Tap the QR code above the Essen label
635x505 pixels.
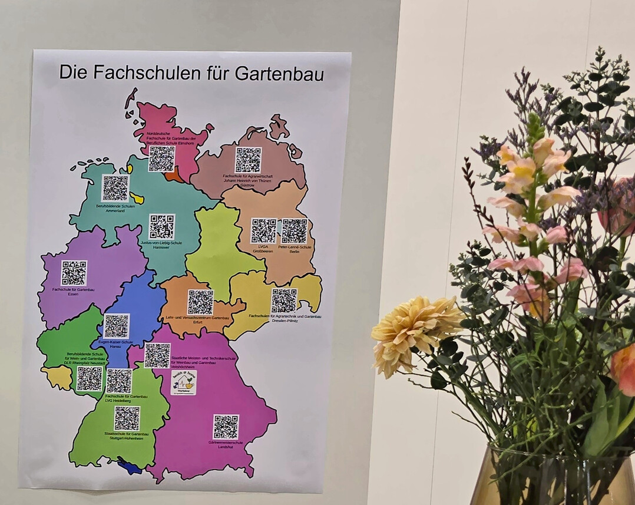click(x=74, y=273)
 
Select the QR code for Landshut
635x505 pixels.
click(x=226, y=427)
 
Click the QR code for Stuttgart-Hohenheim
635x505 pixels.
click(x=127, y=418)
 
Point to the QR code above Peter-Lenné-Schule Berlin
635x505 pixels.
click(x=294, y=231)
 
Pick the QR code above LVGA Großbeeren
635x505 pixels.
click(x=263, y=231)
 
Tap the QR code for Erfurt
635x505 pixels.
click(x=200, y=302)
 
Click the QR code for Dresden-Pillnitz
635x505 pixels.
click(x=284, y=301)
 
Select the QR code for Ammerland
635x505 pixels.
click(x=115, y=189)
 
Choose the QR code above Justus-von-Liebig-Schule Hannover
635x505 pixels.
click(x=161, y=227)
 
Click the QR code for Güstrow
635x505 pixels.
click(x=248, y=160)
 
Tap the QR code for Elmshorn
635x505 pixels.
click(x=161, y=159)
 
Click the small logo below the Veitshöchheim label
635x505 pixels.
click(x=183, y=382)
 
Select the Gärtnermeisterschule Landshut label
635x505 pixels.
click(x=226, y=444)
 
